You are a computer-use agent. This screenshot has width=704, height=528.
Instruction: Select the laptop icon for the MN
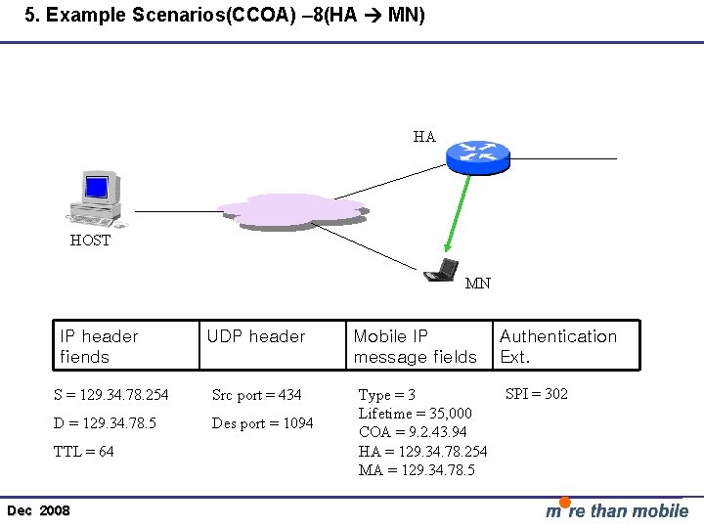click(x=442, y=270)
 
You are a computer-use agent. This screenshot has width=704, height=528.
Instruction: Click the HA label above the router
click(x=424, y=137)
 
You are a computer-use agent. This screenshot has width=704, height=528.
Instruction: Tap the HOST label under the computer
click(x=90, y=241)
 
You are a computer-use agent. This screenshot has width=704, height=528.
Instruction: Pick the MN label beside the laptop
click(x=478, y=285)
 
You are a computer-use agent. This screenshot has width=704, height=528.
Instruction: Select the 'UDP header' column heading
click(x=256, y=336)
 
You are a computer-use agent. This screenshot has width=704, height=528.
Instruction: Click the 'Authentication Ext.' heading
click(x=558, y=346)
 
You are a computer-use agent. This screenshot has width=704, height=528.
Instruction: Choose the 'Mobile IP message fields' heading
click(x=415, y=346)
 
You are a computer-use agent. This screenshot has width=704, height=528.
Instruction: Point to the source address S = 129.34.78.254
click(x=110, y=395)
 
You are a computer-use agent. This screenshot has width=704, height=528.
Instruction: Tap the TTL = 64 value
click(x=84, y=452)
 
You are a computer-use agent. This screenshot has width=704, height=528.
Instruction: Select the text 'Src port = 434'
click(x=257, y=395)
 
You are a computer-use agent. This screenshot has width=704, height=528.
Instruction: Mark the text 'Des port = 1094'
click(x=263, y=423)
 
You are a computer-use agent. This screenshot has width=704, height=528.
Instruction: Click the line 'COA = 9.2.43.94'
click(x=413, y=432)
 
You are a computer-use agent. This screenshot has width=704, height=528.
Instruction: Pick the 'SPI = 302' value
click(x=537, y=394)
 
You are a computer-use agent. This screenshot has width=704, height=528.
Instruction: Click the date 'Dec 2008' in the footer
click(x=38, y=511)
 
